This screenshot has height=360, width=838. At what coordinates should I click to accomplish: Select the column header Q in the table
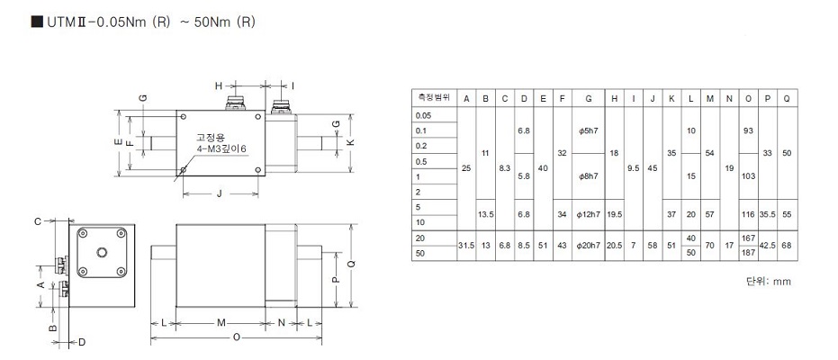coord(787,97)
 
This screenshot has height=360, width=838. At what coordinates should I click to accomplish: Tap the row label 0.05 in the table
coord(423,115)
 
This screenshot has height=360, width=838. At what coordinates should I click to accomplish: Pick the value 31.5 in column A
coord(465,246)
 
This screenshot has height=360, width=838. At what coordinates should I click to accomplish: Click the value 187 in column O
coord(748,253)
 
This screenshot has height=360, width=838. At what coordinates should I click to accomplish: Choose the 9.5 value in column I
coord(634,168)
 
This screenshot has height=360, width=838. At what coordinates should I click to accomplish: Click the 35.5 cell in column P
coord(767,214)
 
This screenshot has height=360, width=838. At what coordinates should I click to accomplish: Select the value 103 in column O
coord(748,176)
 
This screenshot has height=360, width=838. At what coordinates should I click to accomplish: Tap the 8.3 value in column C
coord(504,168)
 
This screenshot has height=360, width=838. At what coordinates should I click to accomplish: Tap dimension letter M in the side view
coord(221,321)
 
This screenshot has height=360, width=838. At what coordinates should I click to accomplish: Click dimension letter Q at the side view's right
coord(351,264)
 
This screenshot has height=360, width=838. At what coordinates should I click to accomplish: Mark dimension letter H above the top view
coord(219,85)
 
